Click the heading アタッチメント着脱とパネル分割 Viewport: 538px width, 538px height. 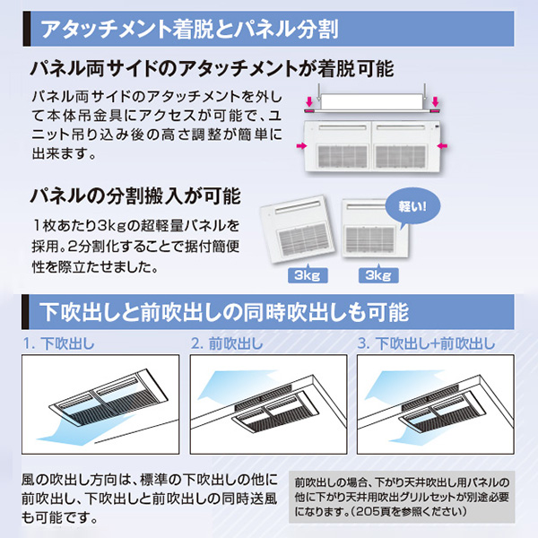tap(189, 29)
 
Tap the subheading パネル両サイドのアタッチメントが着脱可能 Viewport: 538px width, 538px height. tap(212, 69)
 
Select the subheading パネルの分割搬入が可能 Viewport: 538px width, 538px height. tap(135, 196)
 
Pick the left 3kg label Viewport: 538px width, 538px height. tap(308, 275)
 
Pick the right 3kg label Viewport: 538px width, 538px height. tap(378, 275)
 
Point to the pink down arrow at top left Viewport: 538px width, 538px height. tap(309, 101)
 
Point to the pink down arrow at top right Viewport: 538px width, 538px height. tap(435, 101)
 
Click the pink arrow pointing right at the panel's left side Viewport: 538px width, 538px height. tap(301, 146)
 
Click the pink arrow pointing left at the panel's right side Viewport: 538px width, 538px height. tap(443, 146)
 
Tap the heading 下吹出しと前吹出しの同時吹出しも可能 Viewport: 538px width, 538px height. tap(224, 312)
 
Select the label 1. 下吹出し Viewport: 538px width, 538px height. tap(58, 343)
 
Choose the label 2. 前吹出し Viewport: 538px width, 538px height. tap(227, 343)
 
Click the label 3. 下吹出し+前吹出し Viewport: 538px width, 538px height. tap(427, 343)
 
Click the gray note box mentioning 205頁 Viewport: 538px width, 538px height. tap(402, 497)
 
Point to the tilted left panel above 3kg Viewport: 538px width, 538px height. tap(298, 229)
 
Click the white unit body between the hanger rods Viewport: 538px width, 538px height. tap(372, 101)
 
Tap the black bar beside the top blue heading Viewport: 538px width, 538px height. tap(27, 29)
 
